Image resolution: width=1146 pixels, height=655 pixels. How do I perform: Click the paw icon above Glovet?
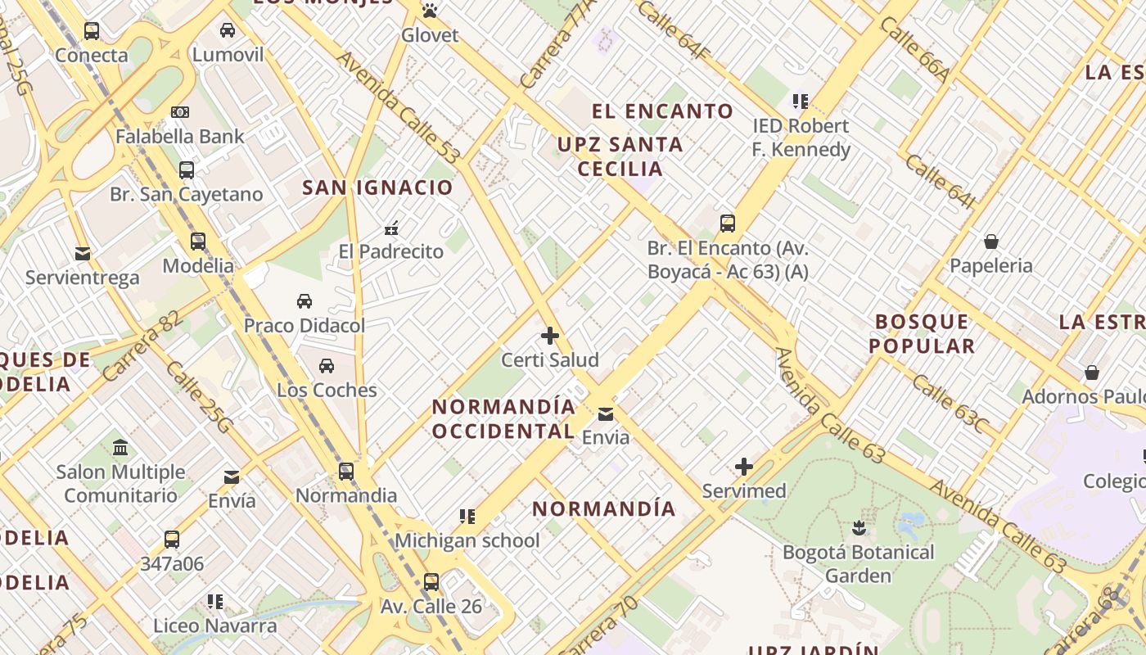[430, 11]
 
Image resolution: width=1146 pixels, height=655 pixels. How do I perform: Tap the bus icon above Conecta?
[92, 31]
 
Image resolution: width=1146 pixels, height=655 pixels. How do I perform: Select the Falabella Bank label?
[180, 136]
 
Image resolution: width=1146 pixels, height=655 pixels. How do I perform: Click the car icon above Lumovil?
[228, 30]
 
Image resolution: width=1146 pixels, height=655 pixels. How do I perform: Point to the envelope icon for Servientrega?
[83, 254]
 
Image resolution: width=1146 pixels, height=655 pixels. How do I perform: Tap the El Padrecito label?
[391, 251]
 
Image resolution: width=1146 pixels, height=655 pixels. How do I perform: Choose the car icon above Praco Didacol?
[305, 300]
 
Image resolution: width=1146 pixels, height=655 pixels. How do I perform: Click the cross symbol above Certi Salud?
[550, 336]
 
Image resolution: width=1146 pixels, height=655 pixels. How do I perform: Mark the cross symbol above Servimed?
[744, 467]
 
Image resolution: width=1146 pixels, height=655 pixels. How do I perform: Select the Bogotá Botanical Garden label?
[858, 563]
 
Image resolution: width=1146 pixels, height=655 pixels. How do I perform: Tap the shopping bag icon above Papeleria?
[991, 242]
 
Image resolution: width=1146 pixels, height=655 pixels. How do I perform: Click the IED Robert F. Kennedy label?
[801, 138]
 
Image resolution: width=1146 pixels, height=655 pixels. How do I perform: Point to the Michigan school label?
[467, 540]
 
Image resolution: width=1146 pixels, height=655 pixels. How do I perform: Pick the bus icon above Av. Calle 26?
[431, 582]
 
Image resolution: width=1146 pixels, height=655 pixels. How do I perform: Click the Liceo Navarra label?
[215, 626]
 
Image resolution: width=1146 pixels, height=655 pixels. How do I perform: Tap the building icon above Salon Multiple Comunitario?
[121, 447]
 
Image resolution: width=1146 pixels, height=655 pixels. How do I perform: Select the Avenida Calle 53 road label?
[399, 107]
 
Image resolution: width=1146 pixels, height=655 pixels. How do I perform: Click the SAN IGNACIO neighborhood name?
[377, 187]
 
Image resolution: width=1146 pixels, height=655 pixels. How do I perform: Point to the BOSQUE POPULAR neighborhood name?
[923, 333]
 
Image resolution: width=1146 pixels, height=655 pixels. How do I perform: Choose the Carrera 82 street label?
[142, 346]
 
